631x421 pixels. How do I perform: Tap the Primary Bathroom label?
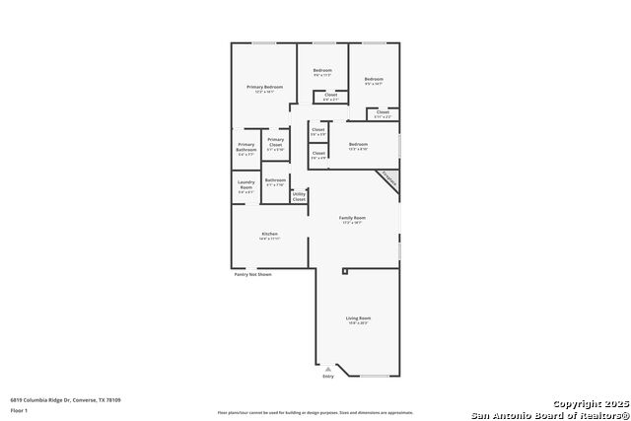245,149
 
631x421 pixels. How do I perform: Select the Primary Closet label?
276,144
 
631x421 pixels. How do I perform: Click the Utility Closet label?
299,196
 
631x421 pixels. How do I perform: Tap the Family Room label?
352,220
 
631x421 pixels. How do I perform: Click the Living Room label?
358,319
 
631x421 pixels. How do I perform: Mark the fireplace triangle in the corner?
388,180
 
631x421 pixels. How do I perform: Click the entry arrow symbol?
328,368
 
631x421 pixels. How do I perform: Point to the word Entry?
328,376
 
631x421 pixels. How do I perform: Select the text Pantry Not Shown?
252,274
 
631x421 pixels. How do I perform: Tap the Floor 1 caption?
20,409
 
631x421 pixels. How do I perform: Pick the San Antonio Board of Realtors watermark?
549,414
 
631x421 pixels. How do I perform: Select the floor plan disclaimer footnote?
315,412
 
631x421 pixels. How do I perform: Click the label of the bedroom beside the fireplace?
358,147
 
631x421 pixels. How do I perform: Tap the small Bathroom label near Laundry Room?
275,181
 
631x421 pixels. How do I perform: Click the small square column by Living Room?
345,271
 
